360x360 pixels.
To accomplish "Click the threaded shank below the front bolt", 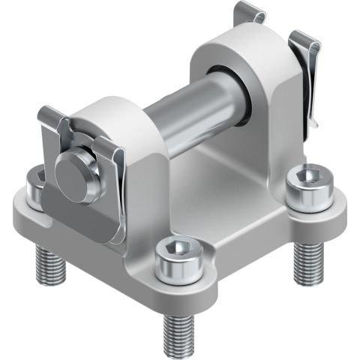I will pos(180,323).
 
